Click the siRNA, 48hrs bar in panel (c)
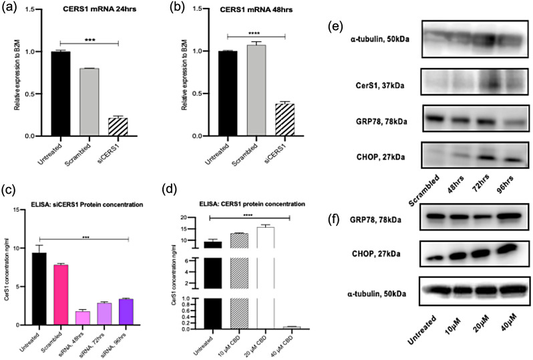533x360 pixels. click(x=101, y=318)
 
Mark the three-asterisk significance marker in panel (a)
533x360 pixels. click(x=90, y=40)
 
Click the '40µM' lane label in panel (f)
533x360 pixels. click(x=502, y=337)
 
